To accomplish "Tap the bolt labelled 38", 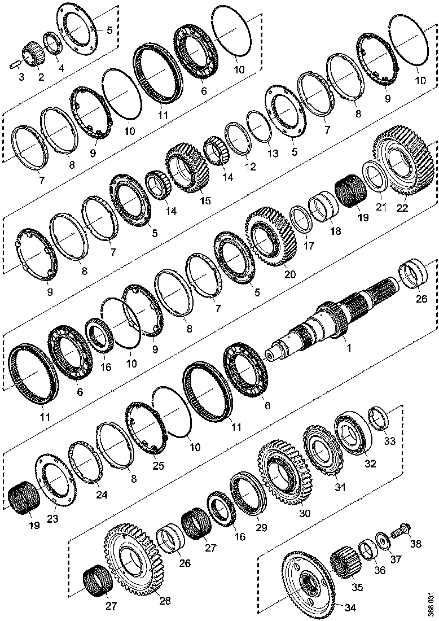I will point(400,532).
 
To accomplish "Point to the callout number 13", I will point(273,154).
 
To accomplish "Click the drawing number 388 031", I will point(431,603).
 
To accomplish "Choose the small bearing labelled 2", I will point(34,54).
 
